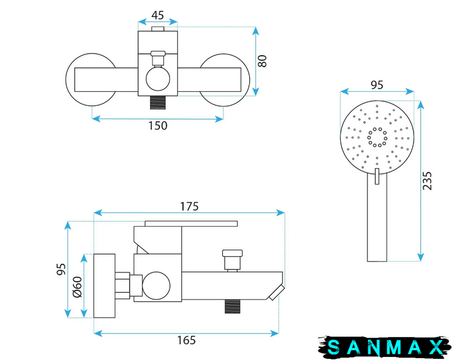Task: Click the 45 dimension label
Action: (x=158, y=15)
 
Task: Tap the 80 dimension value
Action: (x=262, y=61)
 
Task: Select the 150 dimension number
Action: (x=158, y=125)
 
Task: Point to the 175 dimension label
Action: (x=189, y=206)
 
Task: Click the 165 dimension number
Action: (x=186, y=340)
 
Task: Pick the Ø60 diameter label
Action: (x=77, y=287)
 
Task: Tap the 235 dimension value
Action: (x=427, y=181)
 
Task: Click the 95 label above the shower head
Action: (x=377, y=85)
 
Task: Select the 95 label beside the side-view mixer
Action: (x=61, y=269)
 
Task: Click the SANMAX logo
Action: (x=385, y=347)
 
